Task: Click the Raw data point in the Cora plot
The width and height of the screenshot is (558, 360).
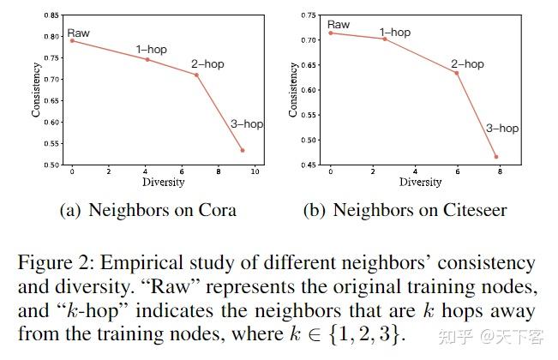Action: click(72, 40)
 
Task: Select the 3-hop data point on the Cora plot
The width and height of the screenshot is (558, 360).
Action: click(243, 150)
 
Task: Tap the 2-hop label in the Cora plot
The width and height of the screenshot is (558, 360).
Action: click(207, 64)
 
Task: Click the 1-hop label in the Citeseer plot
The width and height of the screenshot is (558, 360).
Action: click(394, 33)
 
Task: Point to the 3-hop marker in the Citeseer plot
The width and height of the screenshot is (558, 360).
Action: click(495, 157)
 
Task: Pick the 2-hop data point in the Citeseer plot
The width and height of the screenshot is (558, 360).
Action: click(456, 73)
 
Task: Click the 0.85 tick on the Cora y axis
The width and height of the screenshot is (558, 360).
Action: click(52, 15)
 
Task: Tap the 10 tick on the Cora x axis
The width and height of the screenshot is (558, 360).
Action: click(255, 172)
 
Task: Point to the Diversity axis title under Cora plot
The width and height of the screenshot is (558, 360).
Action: click(163, 183)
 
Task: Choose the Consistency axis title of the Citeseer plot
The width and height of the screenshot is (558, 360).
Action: click(293, 90)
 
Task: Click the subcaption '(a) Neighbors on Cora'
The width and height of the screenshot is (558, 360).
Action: click(147, 210)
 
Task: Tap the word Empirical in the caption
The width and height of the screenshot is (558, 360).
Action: click(143, 262)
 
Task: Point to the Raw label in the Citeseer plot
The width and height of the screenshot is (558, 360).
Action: click(339, 25)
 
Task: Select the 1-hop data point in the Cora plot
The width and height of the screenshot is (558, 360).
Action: click(147, 59)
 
